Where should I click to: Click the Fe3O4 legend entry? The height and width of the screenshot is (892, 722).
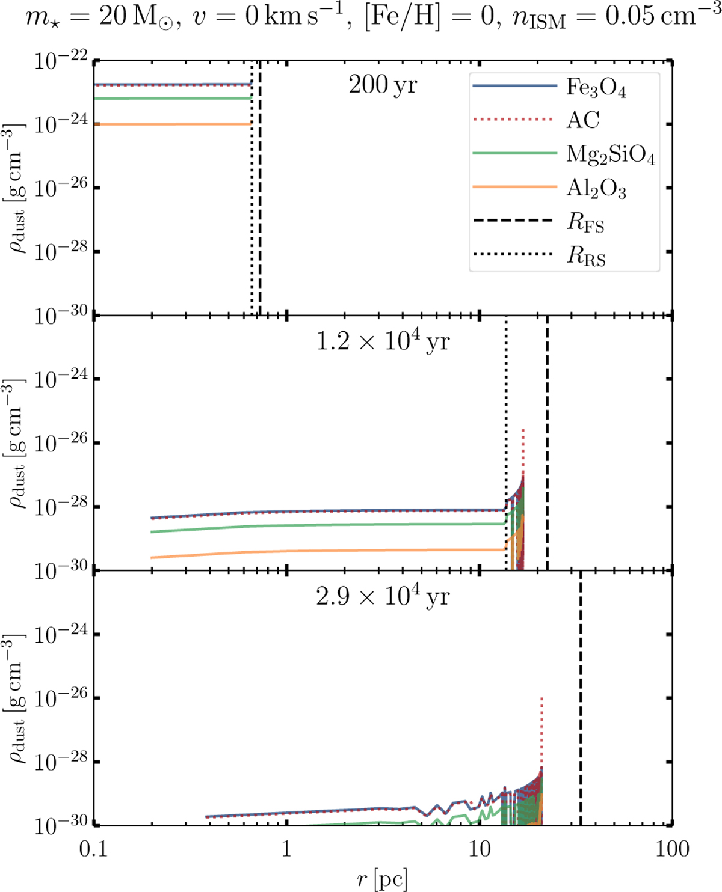596,88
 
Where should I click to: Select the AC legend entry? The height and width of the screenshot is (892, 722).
582,121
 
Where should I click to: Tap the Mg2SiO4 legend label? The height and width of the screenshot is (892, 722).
610,155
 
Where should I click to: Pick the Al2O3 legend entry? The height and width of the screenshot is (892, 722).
596,189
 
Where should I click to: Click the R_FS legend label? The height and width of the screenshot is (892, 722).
585,223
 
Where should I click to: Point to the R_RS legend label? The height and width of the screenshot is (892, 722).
586,257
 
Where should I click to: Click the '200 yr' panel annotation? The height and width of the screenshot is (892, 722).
383,85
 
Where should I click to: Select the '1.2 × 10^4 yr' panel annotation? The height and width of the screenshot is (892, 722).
383,341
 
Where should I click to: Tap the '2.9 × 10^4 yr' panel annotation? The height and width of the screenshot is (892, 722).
383,596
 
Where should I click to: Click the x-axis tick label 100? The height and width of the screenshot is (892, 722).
671,849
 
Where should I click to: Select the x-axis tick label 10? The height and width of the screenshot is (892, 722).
479,849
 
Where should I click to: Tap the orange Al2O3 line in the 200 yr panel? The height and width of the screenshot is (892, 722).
174,124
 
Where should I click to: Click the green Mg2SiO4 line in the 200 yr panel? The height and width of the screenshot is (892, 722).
174,99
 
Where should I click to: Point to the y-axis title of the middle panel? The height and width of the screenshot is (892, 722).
17,444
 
